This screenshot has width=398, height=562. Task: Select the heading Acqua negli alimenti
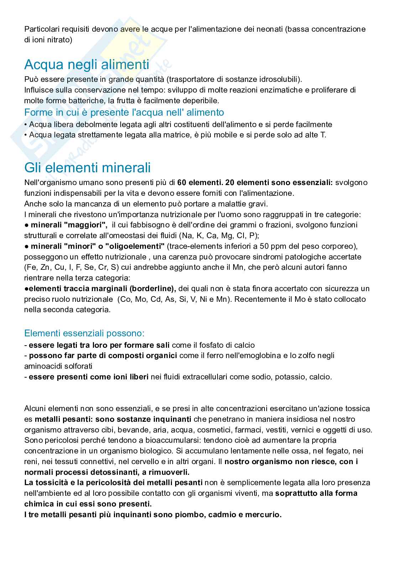click(x=87, y=65)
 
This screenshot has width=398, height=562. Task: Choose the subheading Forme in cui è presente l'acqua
click(x=124, y=112)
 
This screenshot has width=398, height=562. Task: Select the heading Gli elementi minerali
click(x=87, y=167)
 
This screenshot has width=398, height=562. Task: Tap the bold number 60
click(x=181, y=183)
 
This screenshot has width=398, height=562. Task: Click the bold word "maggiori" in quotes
click(x=90, y=225)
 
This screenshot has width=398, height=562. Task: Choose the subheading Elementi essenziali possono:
click(x=84, y=333)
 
